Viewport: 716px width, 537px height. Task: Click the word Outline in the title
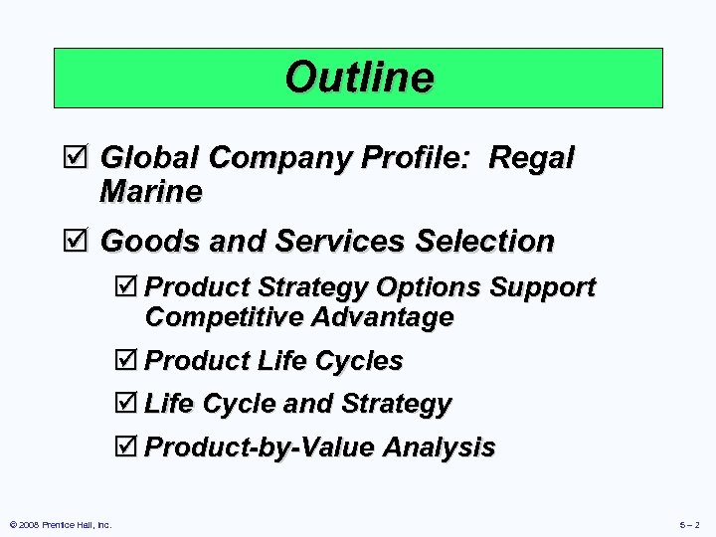pos(358,77)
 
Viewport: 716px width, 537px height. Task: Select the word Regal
pos(533,157)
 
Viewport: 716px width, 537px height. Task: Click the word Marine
pos(150,191)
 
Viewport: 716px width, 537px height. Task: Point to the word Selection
pos(484,241)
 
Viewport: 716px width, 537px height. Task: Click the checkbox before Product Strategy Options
pos(126,287)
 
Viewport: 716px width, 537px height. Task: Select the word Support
pos(542,287)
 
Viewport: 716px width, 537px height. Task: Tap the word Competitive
pos(224,317)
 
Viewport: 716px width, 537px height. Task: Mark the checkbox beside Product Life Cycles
pos(126,361)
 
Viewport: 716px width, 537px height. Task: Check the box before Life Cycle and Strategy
pos(126,404)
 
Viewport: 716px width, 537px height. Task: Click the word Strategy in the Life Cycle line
pos(395,404)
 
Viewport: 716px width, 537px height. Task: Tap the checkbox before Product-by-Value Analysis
pos(126,447)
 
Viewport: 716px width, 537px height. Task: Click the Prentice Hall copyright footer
pos(59,524)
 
